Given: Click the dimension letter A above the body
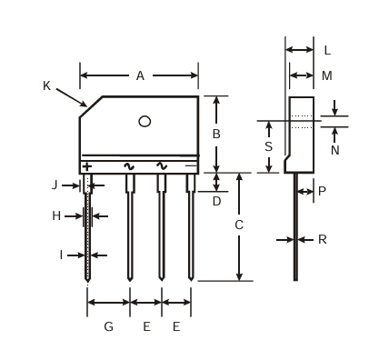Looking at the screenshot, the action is pos(140,75).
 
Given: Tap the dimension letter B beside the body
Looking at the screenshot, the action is pos(216,134).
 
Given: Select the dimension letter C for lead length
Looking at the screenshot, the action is pos(239,225).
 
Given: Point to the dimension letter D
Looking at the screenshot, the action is pos(216,201).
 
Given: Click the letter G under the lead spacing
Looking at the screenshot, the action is pos(109,326).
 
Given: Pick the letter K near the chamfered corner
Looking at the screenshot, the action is pos(46,85).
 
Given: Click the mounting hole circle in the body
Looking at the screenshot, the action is pos(145,122).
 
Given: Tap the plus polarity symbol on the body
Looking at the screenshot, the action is pos(87,166).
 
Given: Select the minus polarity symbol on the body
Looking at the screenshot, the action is pos(191,165).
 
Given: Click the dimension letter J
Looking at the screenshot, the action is pos(55,185).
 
